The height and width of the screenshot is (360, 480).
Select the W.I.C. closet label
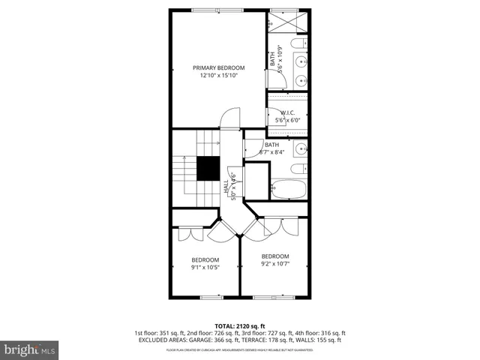coord(288,112)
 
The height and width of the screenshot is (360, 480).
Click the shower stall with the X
coord(289,22)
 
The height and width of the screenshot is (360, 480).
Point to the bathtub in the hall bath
coord(289,188)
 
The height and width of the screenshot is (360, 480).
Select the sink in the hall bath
coord(300,147)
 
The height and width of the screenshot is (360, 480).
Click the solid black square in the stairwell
coord(208,169)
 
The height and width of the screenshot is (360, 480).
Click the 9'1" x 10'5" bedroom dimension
coord(205,267)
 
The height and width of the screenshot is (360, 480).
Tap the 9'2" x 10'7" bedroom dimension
coord(274,263)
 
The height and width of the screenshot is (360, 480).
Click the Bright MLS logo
coord(30,349)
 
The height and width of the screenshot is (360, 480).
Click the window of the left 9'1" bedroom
coord(211,298)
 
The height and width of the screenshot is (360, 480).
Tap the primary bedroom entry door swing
coord(229,118)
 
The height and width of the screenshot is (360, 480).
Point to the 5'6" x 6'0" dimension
coord(288,120)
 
